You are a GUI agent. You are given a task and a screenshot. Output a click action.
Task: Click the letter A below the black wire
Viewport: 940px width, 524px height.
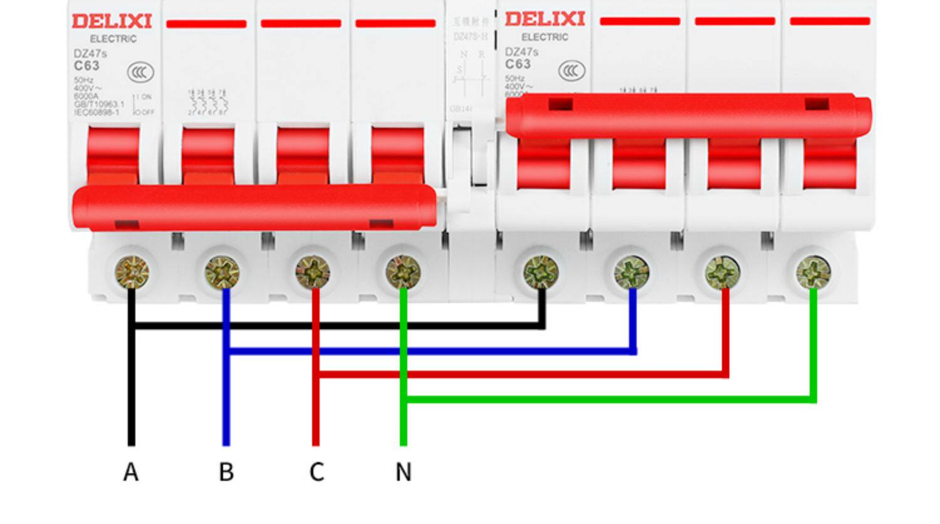(x=130, y=472)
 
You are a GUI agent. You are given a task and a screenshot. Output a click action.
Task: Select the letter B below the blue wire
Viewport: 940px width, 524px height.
(x=226, y=472)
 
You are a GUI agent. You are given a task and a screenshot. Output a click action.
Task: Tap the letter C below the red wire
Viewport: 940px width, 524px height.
(x=316, y=472)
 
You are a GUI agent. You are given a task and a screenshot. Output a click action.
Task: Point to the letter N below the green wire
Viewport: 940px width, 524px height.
(x=404, y=472)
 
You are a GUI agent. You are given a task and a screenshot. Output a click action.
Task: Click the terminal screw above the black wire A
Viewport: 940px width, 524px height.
(x=132, y=272)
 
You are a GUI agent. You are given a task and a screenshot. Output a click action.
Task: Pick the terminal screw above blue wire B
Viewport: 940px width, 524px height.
(x=222, y=272)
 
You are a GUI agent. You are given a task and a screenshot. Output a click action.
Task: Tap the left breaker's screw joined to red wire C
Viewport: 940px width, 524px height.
(x=313, y=272)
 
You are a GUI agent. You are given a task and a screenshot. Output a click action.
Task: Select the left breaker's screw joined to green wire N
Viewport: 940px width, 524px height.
(x=403, y=272)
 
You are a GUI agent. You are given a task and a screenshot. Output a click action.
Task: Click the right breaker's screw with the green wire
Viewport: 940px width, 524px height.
(x=813, y=272)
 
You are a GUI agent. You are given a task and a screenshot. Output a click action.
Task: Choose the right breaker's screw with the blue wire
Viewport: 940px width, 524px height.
(x=632, y=272)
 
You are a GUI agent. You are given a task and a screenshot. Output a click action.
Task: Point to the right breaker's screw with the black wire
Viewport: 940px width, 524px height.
(x=541, y=272)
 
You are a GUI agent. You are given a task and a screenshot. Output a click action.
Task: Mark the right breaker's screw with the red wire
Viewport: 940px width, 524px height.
(x=723, y=272)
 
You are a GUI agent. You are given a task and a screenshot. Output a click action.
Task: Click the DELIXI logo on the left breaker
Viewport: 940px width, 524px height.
(x=112, y=21)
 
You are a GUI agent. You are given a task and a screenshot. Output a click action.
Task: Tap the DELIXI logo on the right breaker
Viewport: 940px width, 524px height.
(x=545, y=19)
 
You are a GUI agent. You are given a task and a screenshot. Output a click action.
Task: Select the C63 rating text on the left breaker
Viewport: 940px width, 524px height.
(x=86, y=66)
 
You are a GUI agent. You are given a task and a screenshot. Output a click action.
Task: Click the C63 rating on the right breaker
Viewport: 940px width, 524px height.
(x=518, y=64)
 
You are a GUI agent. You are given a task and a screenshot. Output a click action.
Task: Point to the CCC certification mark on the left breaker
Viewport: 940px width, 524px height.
(x=140, y=73)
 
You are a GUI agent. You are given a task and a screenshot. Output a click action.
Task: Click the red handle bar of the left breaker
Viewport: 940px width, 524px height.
(x=254, y=207)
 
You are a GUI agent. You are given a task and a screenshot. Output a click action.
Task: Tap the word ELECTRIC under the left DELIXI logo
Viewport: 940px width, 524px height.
(x=113, y=39)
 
